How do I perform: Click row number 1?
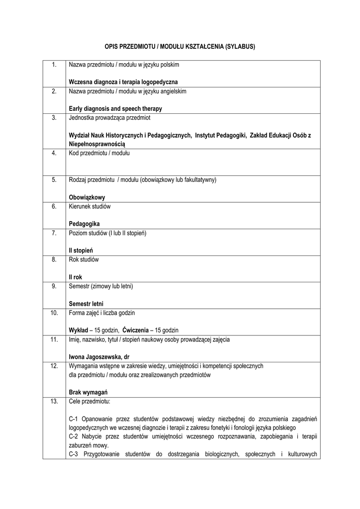tap(54, 65)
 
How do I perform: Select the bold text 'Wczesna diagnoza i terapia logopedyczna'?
tap(123, 81)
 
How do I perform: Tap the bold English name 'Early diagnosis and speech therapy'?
tap(115, 108)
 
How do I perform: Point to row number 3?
tap(54, 118)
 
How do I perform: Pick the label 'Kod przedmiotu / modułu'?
tap(99, 153)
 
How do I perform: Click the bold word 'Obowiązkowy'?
tap(87, 197)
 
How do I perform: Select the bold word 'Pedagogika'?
tap(84, 224)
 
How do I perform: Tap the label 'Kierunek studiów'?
tap(90, 206)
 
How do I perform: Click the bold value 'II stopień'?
tap(81, 251)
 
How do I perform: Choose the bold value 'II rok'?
tap(76, 277)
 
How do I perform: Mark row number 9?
tap(54, 286)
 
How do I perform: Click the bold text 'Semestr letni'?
tap(86, 304)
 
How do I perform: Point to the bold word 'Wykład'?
tap(79, 330)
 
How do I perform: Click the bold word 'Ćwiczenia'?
tap(136, 330)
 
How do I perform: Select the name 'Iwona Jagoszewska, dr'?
tap(99, 357)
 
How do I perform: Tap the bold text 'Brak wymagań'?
tap(89, 392)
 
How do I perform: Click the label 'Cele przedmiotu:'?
tap(90, 401)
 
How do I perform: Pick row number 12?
tap(54, 366)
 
